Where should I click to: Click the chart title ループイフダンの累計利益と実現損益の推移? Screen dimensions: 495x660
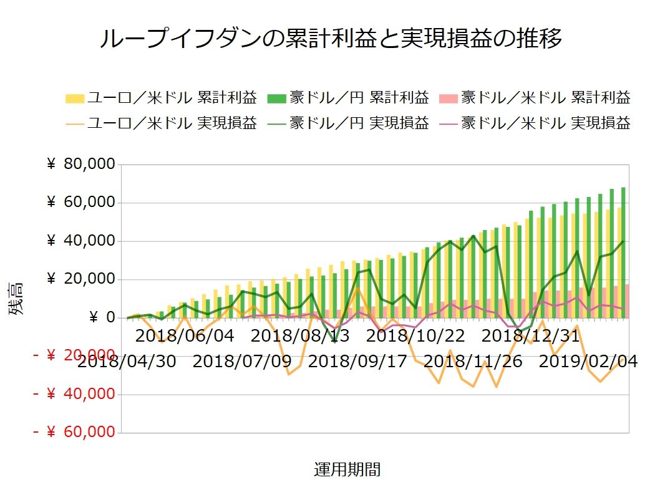331,38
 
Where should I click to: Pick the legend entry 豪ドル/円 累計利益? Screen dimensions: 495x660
349,97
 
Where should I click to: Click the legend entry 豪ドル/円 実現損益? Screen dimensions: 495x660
349,123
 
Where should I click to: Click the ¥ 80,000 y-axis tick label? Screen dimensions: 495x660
81,165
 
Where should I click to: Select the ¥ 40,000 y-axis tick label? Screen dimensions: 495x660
81,241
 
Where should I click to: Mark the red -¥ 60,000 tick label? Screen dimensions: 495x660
74,432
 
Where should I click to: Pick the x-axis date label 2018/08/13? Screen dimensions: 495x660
300,336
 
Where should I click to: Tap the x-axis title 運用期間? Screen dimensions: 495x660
347,469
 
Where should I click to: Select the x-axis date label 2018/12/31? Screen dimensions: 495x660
531,336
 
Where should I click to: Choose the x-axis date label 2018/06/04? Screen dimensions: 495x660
185,336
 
